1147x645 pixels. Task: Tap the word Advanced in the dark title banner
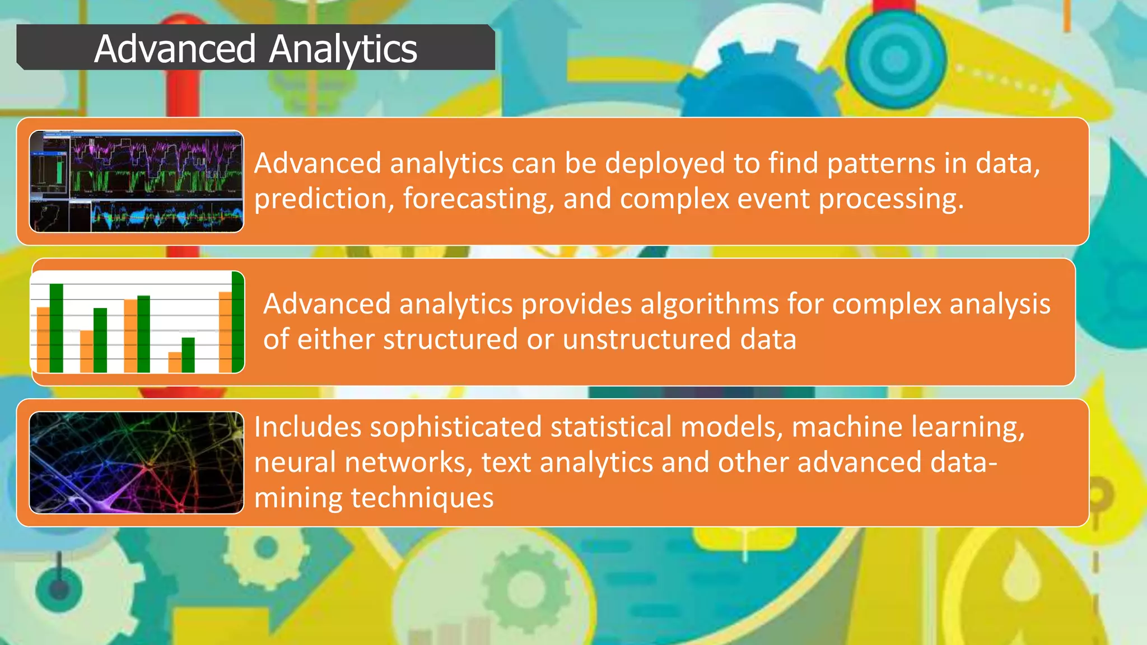pos(175,49)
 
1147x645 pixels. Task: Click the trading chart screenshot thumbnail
pos(137,181)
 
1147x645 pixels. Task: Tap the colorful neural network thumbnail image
pos(137,463)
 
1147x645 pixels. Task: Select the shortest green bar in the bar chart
pos(188,354)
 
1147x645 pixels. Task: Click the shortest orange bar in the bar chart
pos(175,362)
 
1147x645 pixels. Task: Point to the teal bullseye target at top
pos(895,58)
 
